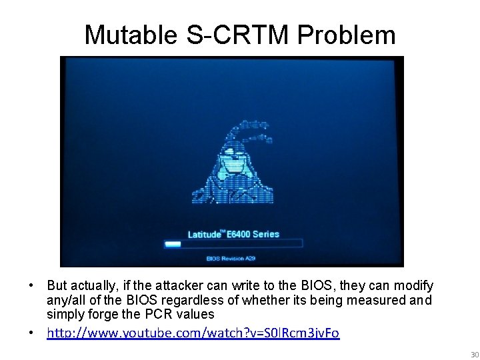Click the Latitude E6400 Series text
pyautogui.click(x=233, y=234)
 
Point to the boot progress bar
pyautogui.click(x=233, y=244)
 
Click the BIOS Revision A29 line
pyautogui.click(x=231, y=257)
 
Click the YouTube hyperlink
pyautogui.click(x=193, y=332)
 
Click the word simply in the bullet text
pyautogui.click(x=63, y=314)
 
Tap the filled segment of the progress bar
pyautogui.click(x=173, y=244)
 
